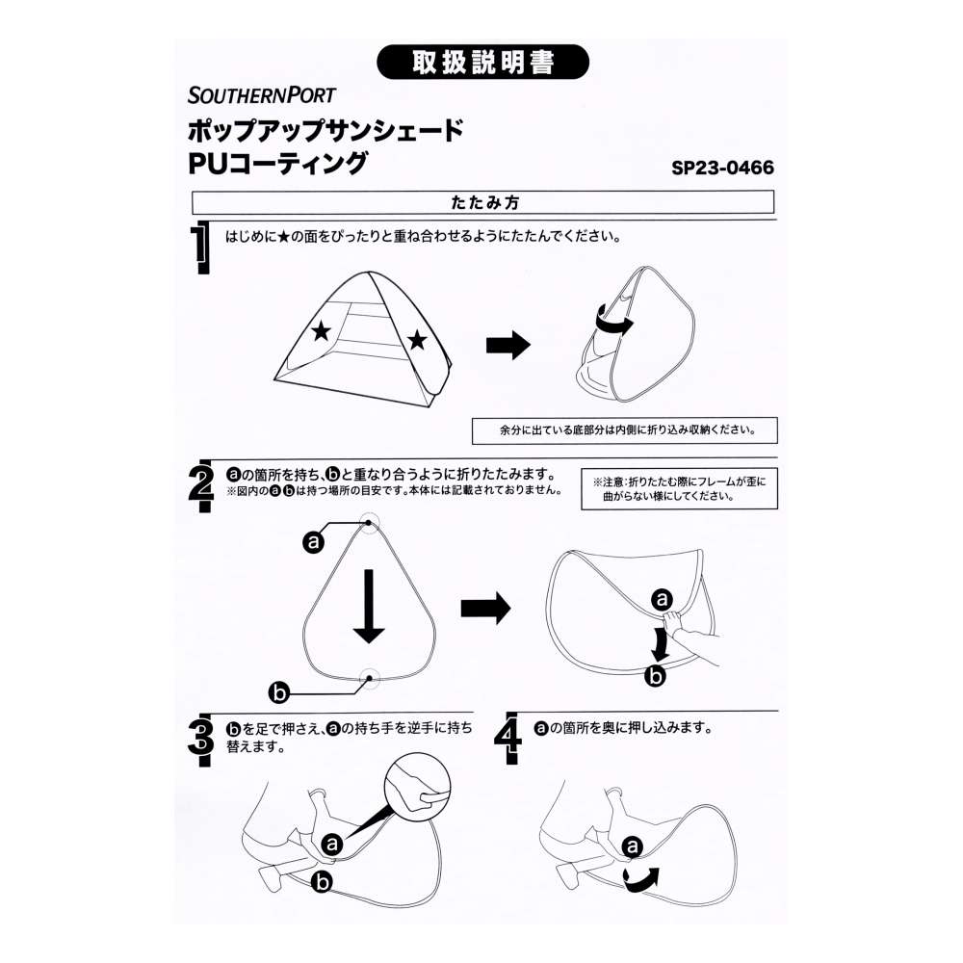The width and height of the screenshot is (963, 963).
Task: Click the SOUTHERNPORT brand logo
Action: (262, 95)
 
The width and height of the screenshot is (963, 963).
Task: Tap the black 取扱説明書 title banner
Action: (482, 62)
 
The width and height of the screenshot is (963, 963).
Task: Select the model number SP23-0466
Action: (722, 168)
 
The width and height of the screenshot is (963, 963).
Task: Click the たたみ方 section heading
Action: (484, 202)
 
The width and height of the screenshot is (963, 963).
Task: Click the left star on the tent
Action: (321, 331)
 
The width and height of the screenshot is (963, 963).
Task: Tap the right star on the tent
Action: (417, 339)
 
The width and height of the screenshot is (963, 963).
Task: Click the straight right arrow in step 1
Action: (508, 345)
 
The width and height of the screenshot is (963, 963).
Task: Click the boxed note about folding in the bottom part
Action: (625, 430)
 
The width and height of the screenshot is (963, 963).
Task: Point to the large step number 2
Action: (201, 485)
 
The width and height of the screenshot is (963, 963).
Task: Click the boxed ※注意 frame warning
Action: (679, 489)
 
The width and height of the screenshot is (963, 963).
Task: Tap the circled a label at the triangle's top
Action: (313, 541)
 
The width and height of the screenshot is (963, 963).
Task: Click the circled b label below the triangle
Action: (279, 693)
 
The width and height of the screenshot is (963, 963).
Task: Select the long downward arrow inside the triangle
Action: (369, 606)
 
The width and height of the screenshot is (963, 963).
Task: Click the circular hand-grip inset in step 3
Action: (418, 786)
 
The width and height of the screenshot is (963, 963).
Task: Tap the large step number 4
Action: (508, 739)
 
